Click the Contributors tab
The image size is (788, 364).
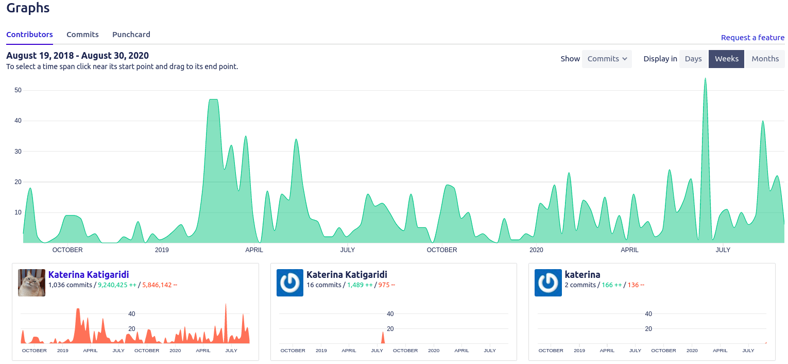[29, 35]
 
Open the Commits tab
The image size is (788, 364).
[82, 35]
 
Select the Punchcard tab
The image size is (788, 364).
[131, 35]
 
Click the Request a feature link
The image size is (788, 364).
[752, 38]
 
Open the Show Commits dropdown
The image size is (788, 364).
[607, 59]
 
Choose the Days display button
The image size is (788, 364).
[693, 59]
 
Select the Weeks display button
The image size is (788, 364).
[726, 59]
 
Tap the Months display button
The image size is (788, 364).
[765, 59]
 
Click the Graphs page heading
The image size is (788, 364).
[28, 8]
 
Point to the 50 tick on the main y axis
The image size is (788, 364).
[18, 90]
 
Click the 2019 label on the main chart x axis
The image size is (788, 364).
[162, 250]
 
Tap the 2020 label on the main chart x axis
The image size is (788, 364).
[536, 250]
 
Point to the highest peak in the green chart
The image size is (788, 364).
[705, 79]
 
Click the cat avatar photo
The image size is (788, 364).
[31, 283]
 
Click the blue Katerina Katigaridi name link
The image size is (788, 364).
[89, 275]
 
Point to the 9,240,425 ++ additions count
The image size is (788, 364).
[117, 285]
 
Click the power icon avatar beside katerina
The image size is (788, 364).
[548, 283]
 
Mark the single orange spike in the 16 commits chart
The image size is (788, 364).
[383, 337]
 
